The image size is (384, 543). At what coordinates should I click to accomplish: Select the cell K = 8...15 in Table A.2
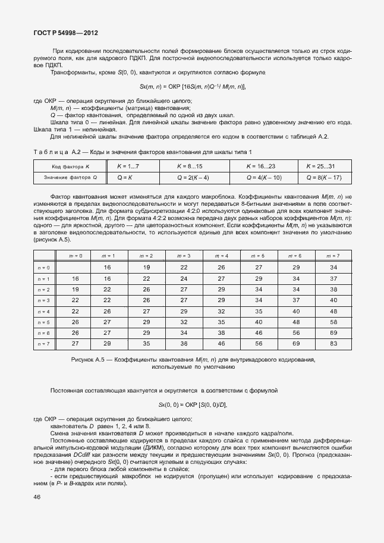193,166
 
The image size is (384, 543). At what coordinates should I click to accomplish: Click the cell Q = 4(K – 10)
263,177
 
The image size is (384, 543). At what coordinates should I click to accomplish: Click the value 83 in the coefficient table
333,344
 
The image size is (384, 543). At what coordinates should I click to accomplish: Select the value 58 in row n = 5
333,322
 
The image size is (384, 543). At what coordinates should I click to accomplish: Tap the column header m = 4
221,256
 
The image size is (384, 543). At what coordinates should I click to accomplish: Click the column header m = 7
333,256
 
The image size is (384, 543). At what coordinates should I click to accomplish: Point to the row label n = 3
44,300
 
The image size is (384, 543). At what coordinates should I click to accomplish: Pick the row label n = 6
44,333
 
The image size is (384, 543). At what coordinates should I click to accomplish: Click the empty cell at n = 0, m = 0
75,268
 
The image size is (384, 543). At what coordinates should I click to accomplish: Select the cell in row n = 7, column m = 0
75,344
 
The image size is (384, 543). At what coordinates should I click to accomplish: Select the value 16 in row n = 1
75,278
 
